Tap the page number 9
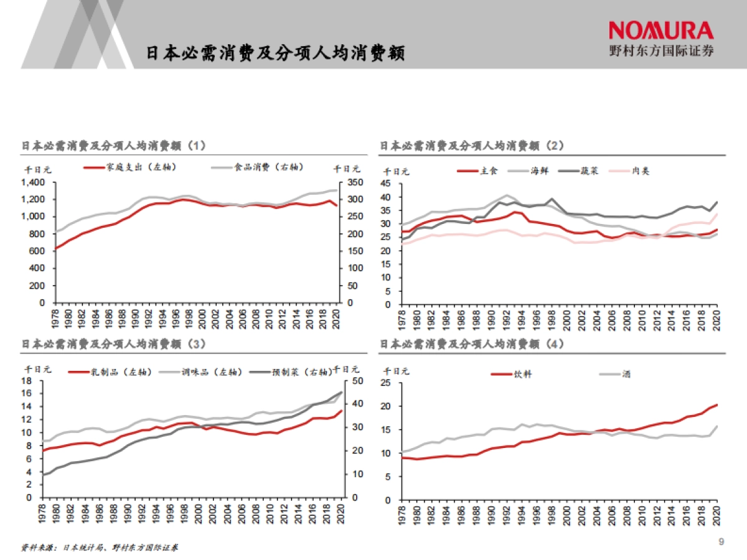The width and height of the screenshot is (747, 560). pos(721,541)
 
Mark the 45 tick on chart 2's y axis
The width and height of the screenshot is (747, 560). pos(387,184)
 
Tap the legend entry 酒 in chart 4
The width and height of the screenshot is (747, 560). pos(626,374)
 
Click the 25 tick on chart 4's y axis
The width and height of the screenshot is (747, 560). pos(387,383)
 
